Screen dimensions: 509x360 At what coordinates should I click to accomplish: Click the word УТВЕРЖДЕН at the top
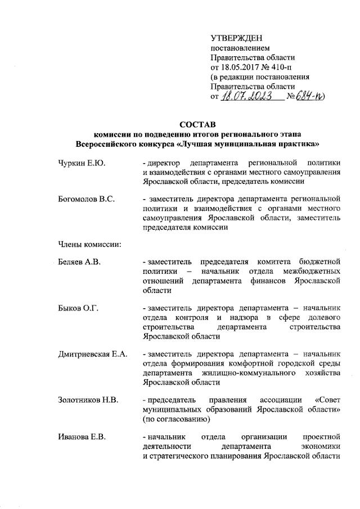pos(235,38)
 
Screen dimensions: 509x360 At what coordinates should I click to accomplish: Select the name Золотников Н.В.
pos(88,400)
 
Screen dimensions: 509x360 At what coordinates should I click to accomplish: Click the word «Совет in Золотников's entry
pos(329,400)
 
